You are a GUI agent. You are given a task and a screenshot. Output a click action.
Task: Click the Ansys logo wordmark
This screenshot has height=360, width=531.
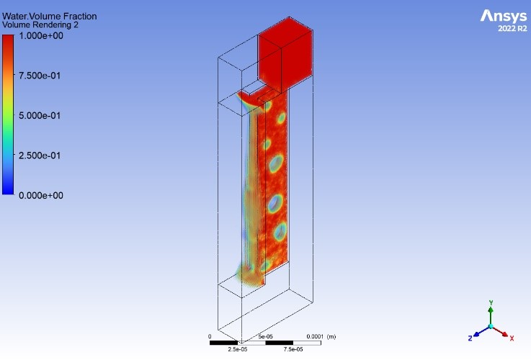point(504,16)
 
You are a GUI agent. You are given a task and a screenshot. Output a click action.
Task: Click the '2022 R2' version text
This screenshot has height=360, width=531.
point(512,28)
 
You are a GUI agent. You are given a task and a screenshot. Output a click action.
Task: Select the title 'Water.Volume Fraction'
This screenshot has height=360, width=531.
point(50,17)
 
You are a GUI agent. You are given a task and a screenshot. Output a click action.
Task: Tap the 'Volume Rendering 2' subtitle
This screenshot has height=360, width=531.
point(40,25)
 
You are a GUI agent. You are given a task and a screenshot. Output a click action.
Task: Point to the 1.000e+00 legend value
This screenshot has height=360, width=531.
point(41,36)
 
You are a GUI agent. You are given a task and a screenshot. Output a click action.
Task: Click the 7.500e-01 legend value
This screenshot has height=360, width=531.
point(40,76)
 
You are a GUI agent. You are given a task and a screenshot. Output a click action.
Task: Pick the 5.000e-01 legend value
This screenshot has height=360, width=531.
point(40,116)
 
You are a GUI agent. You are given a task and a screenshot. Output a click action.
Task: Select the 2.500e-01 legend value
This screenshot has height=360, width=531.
point(40,156)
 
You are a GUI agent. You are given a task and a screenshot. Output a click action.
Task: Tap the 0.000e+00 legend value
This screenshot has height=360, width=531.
point(41,196)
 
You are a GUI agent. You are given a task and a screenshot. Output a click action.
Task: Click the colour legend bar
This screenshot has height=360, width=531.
point(8,114)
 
